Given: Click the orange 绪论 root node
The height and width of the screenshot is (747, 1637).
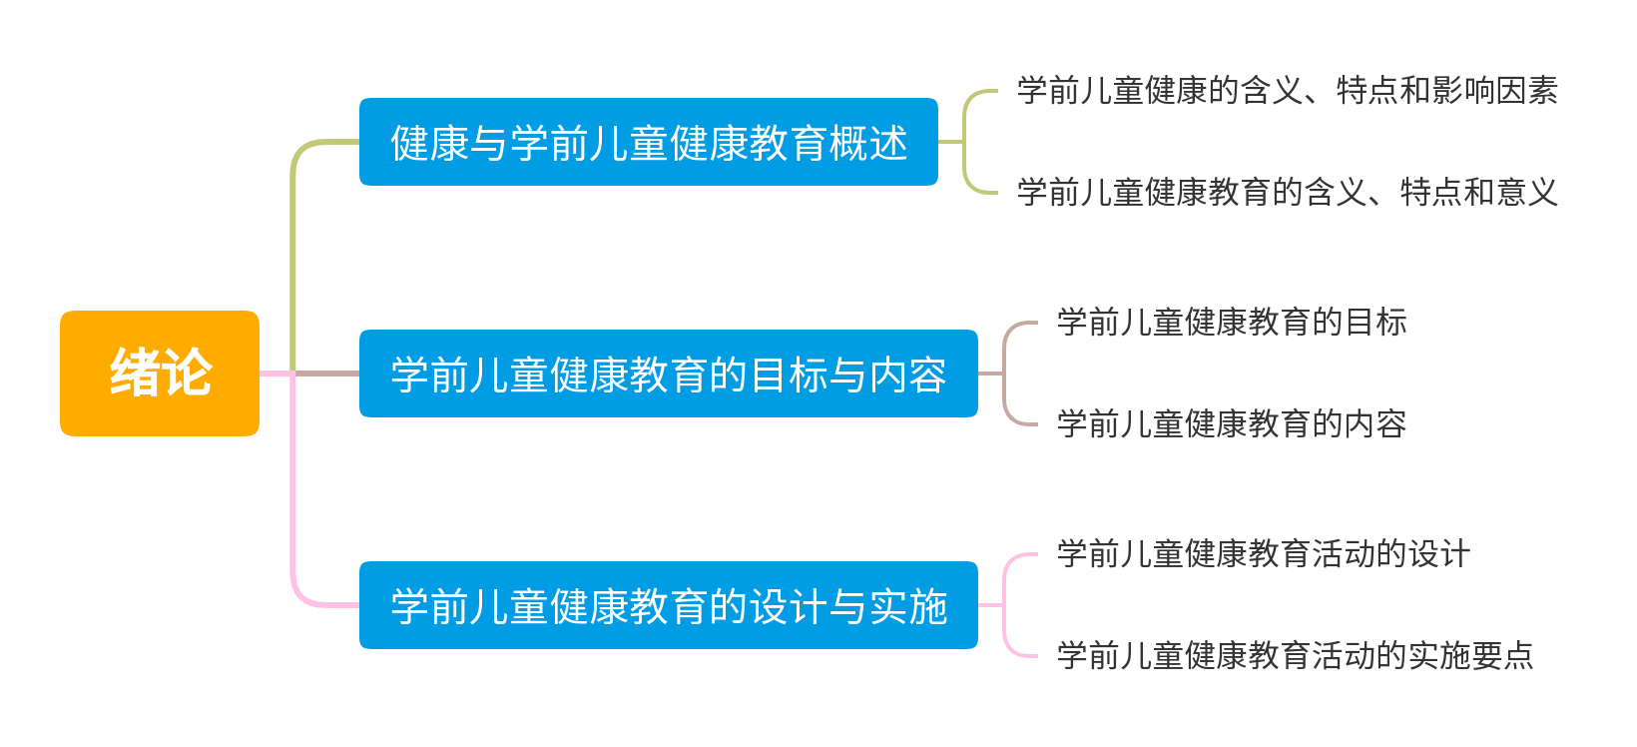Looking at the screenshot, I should tap(160, 373).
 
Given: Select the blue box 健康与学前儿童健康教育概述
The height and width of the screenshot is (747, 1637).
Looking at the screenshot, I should tap(648, 142).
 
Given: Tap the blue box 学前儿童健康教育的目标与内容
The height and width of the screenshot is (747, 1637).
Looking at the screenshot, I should tap(668, 373).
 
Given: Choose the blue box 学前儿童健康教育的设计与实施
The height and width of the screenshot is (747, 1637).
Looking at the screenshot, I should tap(668, 605).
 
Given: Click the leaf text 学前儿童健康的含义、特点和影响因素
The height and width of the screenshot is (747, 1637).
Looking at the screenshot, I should tap(1287, 91).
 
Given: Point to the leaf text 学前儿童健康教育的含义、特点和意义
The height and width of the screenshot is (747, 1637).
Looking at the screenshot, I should tap(1287, 192).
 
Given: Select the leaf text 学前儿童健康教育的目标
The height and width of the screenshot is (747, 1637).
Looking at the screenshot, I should tap(1231, 323).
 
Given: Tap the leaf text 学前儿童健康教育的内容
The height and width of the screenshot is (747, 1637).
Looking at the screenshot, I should tap(1231, 424).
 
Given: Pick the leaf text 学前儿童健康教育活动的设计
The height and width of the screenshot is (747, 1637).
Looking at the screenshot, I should tap(1263, 554).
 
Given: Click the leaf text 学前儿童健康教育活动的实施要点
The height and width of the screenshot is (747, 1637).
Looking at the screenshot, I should tap(1295, 656).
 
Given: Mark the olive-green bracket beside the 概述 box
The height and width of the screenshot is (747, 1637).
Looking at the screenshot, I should tap(965, 142).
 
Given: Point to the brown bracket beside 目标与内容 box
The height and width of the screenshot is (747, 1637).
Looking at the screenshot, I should tap(1005, 373).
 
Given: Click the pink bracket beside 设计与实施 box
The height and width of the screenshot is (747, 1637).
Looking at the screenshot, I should tap(1005, 605).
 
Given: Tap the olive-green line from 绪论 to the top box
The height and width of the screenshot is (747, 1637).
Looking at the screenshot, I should tap(292, 250).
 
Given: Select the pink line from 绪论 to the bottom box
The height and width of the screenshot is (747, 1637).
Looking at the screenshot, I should tap(292, 499).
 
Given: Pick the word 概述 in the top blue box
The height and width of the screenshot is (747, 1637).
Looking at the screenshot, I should tap(867, 143).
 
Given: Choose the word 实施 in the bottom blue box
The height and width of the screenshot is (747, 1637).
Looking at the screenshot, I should tap(907, 606).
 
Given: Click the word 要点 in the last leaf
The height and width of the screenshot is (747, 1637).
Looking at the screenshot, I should tap(1502, 656).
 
